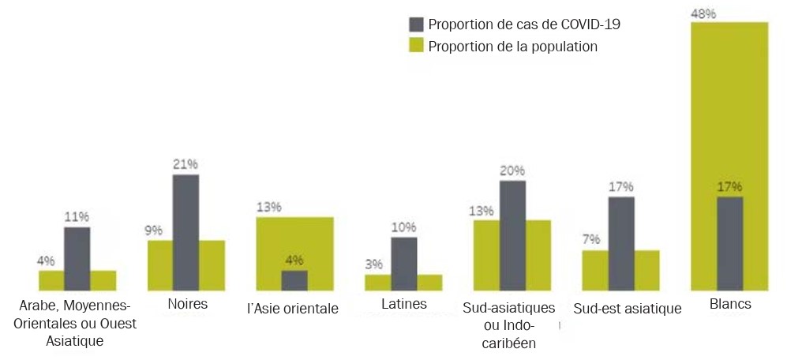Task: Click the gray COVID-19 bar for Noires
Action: [x=186, y=233]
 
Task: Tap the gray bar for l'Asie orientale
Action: [x=294, y=281]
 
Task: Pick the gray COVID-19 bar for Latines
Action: [x=403, y=264]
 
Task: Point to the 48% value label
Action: [x=703, y=13]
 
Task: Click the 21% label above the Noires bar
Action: [x=186, y=164]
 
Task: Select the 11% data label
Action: [x=77, y=216]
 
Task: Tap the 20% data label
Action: [x=512, y=171]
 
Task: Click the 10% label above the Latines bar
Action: [x=403, y=227]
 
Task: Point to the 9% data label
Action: [x=153, y=231]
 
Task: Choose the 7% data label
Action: [x=590, y=239]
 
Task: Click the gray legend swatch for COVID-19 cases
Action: [x=416, y=24]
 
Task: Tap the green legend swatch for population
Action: [x=416, y=46]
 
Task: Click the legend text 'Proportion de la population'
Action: [x=512, y=47]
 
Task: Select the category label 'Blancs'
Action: [x=729, y=305]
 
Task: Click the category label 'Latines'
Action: [x=403, y=304]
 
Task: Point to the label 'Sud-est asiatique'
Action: [x=628, y=309]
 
